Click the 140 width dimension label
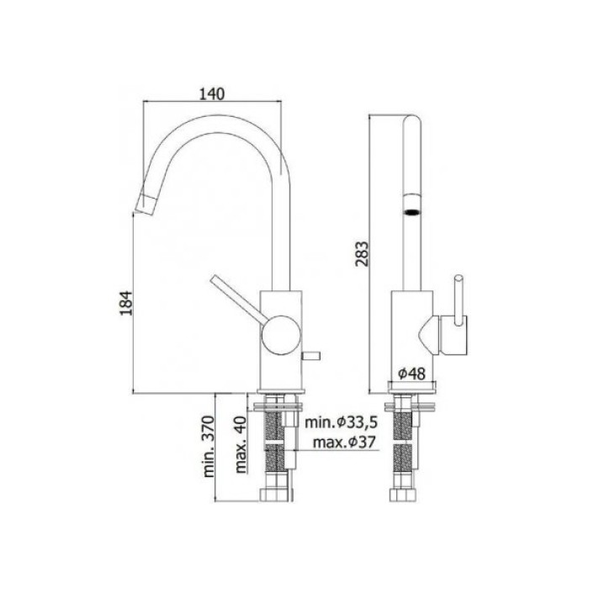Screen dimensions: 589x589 [x=212, y=93]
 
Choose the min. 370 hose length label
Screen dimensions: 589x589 [x=210, y=447]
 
